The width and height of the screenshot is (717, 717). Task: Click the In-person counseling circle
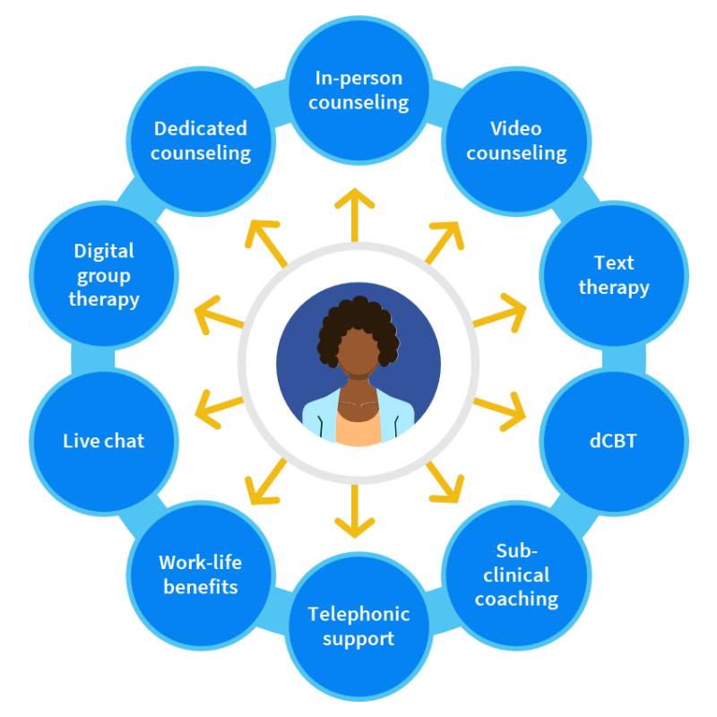tap(358, 90)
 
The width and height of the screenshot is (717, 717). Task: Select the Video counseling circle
tap(516, 141)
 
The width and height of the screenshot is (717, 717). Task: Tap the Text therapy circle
tap(614, 275)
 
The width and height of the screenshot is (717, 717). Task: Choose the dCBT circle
tap(614, 441)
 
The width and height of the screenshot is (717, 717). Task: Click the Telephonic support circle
tap(358, 626)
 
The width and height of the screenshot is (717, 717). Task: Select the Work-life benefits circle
tap(201, 574)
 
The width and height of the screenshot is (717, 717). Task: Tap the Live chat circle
tap(103, 441)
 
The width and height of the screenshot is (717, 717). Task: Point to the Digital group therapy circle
tap(103, 275)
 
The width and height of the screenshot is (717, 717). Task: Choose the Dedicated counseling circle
tap(201, 141)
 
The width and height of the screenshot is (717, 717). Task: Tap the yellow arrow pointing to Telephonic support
tap(358, 511)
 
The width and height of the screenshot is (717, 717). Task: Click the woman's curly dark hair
tap(358, 318)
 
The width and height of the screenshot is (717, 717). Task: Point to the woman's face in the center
tap(358, 363)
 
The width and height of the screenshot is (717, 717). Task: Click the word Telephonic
tap(358, 614)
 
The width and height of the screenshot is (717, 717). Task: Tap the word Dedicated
tap(201, 128)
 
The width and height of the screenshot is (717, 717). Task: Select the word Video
tap(516, 128)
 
